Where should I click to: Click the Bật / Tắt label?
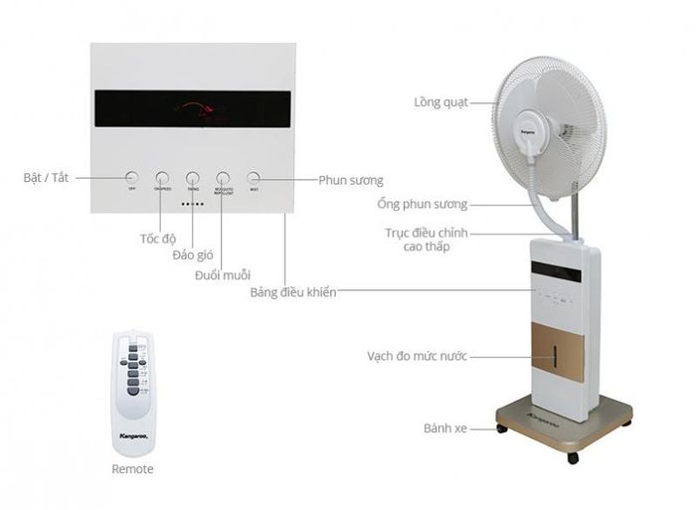47,178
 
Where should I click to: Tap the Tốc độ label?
157,239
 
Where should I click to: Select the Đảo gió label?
193,255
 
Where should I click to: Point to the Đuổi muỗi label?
223,273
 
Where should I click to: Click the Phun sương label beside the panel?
351,180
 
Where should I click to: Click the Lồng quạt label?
440,101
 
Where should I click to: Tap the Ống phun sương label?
423,204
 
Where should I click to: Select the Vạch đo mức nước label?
417,355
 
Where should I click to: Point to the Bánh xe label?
445,428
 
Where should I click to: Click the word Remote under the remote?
132,468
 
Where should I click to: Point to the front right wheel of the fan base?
572,457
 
